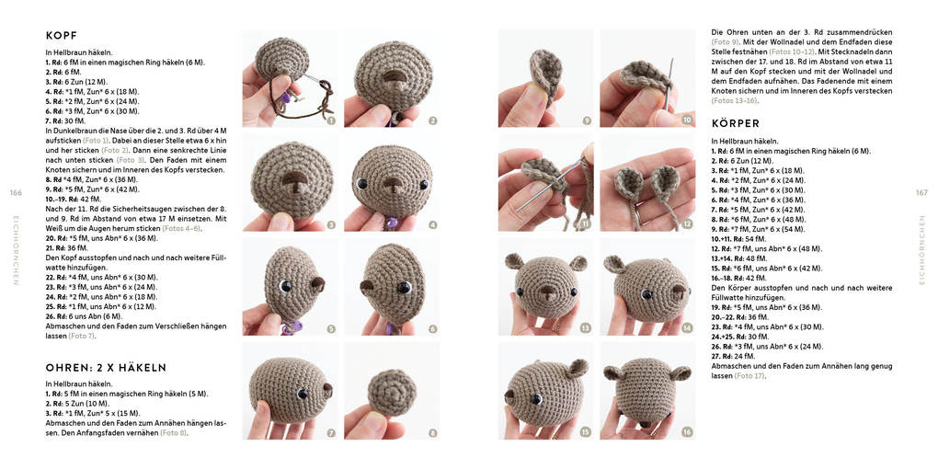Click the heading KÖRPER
(736, 123)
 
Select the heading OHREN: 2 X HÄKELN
(106, 368)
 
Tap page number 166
(16, 192)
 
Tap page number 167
(922, 192)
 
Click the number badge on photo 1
(330, 120)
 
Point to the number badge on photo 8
(432, 432)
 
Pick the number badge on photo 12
(687, 223)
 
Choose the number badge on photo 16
(687, 432)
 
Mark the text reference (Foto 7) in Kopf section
(82, 336)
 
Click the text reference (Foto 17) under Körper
(750, 376)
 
